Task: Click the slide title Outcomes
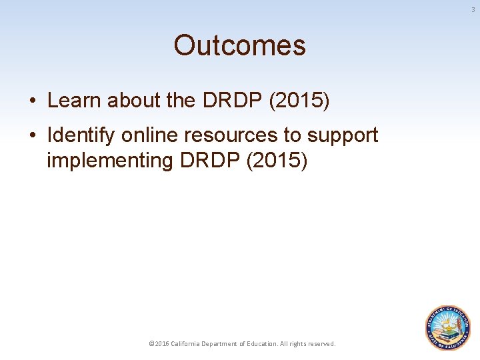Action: click(x=239, y=46)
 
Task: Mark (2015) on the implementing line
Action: click(x=277, y=161)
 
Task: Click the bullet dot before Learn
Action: click(x=33, y=101)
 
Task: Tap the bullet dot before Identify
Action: click(x=33, y=136)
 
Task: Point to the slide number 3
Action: click(x=473, y=9)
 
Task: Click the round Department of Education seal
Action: click(x=448, y=328)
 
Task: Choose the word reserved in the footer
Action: click(x=321, y=344)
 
